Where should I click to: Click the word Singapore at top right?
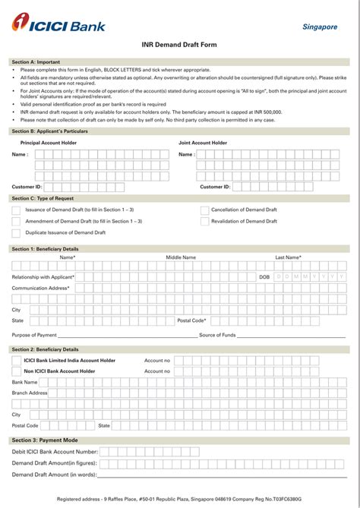click(x=319, y=27)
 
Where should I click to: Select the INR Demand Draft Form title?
click(x=179, y=45)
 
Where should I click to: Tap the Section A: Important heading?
click(x=36, y=62)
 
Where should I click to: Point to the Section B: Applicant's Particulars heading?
click(x=49, y=131)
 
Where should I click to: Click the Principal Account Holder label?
click(x=49, y=143)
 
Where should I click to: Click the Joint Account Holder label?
click(x=203, y=143)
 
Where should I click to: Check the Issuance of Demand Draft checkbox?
click(x=16, y=210)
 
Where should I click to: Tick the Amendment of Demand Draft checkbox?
click(x=16, y=221)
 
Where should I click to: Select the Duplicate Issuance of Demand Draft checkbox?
click(x=16, y=232)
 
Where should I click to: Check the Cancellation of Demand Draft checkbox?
click(x=204, y=210)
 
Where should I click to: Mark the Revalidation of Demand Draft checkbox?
click(x=204, y=221)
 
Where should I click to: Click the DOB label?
click(x=264, y=277)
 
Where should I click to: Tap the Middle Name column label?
click(x=181, y=257)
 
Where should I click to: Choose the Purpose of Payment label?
click(x=34, y=335)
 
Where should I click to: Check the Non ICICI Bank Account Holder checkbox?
click(x=16, y=371)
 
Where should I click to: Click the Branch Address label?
click(x=30, y=393)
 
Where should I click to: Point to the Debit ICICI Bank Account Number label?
click(x=55, y=452)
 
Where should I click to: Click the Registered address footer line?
click(x=179, y=499)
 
